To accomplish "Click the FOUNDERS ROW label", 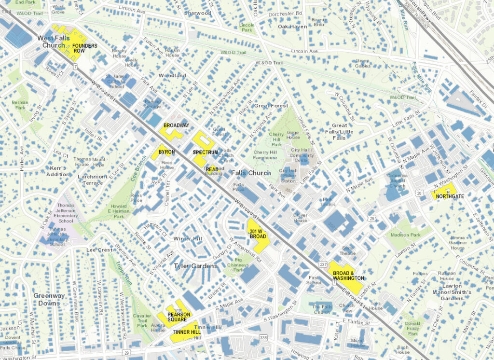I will click(x=85, y=48).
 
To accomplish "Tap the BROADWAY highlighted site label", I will click(x=176, y=125).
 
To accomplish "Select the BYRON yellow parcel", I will click(x=166, y=152).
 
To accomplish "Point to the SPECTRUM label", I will click(x=206, y=152).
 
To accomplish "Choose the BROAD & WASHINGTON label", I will click(x=348, y=276).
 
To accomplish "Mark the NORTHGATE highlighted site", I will click(x=449, y=196).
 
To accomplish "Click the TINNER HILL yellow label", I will click(x=186, y=332).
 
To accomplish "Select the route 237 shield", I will click(x=324, y=264).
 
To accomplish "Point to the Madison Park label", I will click(x=405, y=235).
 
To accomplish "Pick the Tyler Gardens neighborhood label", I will click(x=195, y=266).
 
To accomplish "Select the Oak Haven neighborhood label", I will click(x=292, y=27).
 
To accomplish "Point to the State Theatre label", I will click(x=348, y=250).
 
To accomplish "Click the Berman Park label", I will click(x=20, y=105).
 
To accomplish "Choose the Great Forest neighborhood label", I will click(x=271, y=105).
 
